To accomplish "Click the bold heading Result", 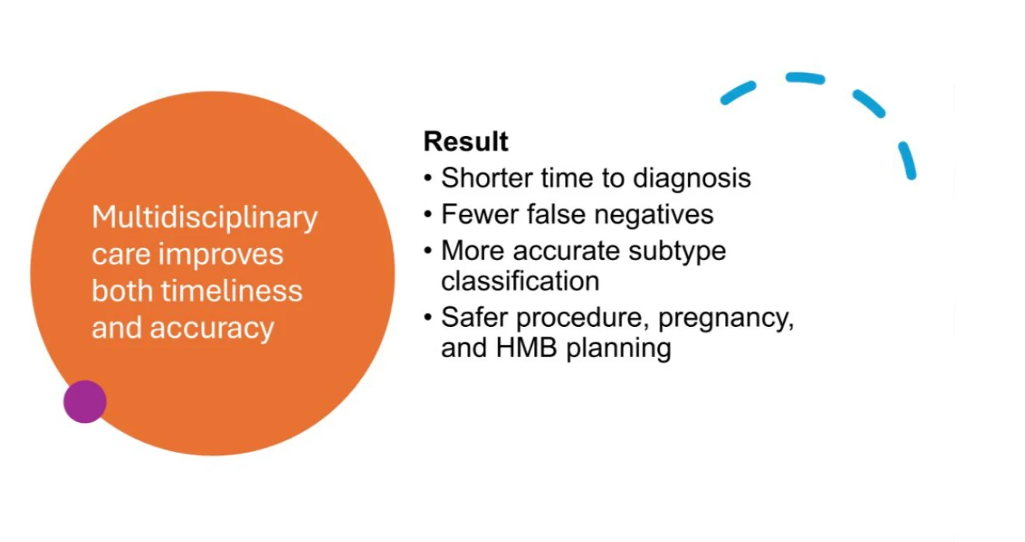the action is point(465,141).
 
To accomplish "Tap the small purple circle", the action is point(85,401).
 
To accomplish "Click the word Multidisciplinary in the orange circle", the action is point(204,217).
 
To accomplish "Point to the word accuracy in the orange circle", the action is point(212,328).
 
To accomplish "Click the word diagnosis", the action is point(692,178).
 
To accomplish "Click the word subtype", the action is point(677,252).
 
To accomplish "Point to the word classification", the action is point(520,280).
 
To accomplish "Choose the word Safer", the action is point(474,317).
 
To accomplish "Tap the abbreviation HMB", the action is point(526,347).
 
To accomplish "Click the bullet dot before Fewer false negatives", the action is point(428,214).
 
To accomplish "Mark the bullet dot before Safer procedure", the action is point(428,317).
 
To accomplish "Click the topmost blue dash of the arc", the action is point(805,78).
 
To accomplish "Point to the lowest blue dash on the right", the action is point(908,161).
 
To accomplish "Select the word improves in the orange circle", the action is point(221,255).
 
